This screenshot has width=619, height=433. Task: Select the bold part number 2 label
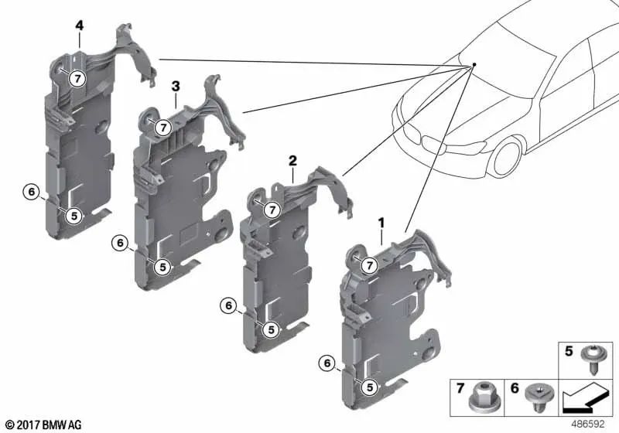tap(292, 161)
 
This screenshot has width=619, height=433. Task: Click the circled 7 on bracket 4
tap(77, 77)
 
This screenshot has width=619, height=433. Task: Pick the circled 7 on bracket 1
tap(369, 266)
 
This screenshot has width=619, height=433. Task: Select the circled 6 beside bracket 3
tap(120, 243)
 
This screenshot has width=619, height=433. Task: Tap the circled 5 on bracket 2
tap(271, 329)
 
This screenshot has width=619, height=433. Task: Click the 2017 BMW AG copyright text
tap(43, 424)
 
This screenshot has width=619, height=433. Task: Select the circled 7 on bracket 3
tap(163, 128)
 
